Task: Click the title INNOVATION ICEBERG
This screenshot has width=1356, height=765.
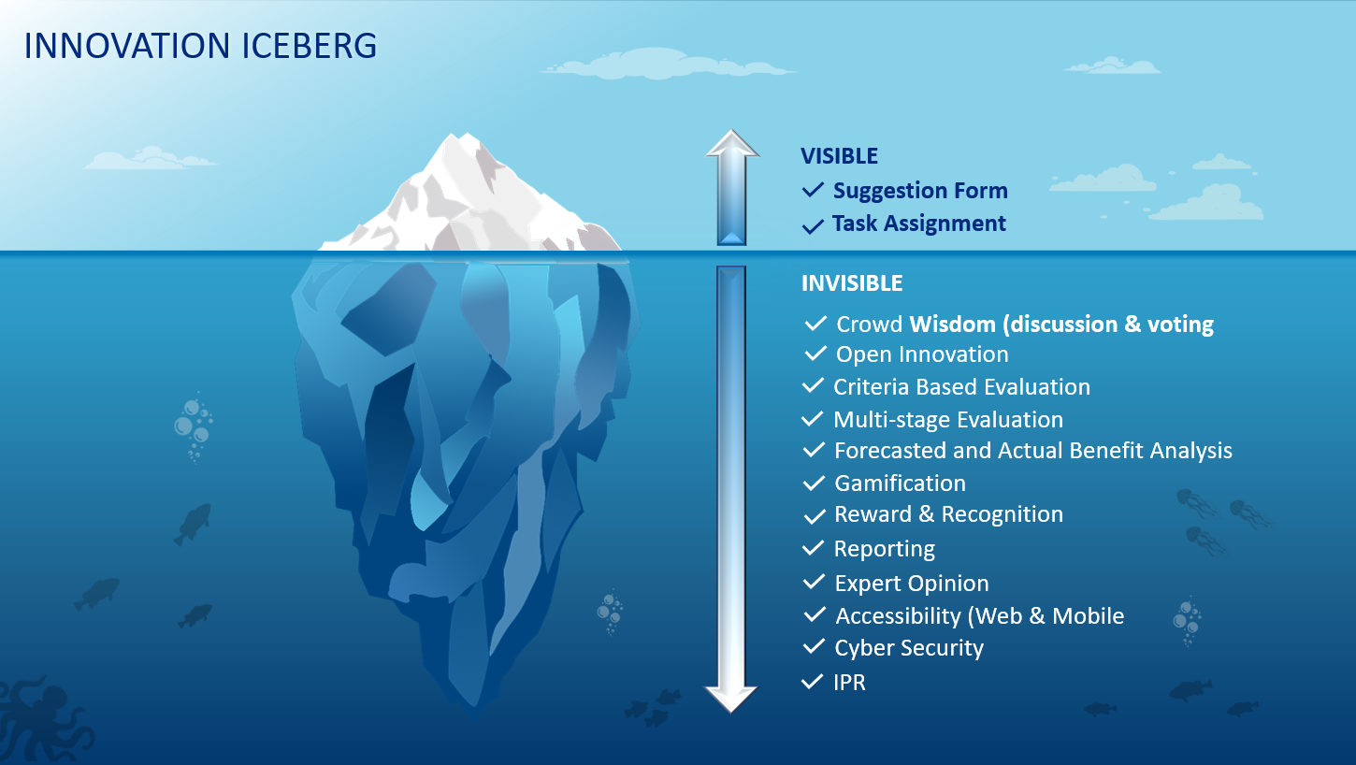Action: [x=200, y=46]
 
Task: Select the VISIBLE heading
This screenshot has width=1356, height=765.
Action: [x=839, y=156]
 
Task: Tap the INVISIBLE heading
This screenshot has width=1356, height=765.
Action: [x=852, y=283]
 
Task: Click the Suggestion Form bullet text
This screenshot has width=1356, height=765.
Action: [x=920, y=191]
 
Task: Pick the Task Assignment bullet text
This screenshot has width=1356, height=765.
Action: [x=919, y=224]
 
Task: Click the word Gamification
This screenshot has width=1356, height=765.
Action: [x=901, y=483]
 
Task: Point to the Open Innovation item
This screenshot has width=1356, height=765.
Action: [x=922, y=354]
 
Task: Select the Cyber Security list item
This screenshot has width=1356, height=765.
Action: [x=909, y=648]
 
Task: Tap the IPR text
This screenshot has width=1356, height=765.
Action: [x=849, y=683]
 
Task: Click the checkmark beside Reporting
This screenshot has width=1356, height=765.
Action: [x=813, y=548]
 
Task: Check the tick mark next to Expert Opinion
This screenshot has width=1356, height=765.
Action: [x=814, y=582]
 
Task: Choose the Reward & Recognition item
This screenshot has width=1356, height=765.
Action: [x=948, y=514]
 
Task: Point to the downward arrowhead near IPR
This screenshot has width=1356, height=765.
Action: [x=731, y=699]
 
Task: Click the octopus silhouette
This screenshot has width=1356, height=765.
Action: [x=41, y=720]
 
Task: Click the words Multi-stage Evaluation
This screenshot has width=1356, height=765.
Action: [x=948, y=419]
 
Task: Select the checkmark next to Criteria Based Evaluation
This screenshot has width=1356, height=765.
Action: [x=813, y=385]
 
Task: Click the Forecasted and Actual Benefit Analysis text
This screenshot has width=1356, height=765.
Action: [x=1032, y=450]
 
